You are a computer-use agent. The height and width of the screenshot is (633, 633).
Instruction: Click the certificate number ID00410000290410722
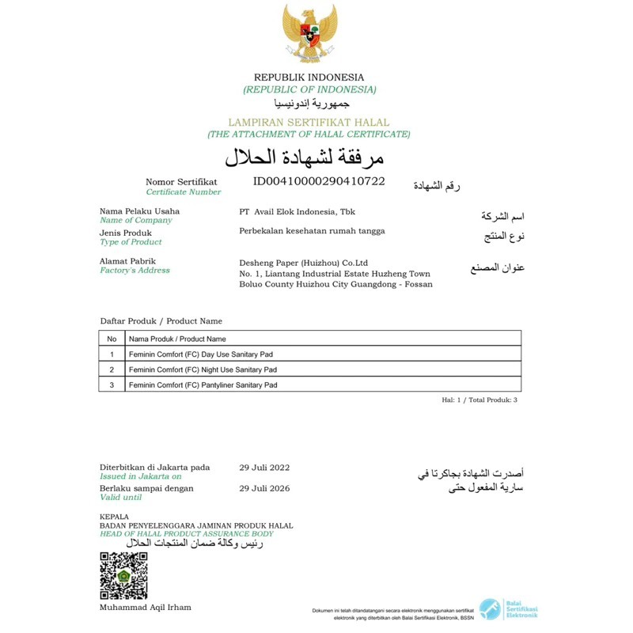(x=319, y=181)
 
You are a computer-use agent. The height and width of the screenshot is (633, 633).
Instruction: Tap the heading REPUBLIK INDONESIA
(x=309, y=78)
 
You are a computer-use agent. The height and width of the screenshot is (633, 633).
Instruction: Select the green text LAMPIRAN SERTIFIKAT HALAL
(x=309, y=123)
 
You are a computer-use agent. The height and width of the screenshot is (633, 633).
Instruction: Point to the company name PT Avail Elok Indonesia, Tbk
(x=298, y=212)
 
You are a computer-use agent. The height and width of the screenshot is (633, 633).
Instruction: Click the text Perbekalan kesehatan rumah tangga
(x=312, y=231)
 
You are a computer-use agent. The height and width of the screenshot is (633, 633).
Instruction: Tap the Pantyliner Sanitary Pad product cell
(x=203, y=385)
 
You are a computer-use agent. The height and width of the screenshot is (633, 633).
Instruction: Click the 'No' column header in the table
(x=112, y=339)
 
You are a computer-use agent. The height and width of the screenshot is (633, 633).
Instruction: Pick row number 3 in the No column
(x=112, y=385)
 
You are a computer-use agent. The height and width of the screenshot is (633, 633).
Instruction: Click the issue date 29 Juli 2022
(x=264, y=468)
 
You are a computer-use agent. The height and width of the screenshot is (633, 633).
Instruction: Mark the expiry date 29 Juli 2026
(x=264, y=489)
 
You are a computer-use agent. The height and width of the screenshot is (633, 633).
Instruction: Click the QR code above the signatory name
(x=123, y=576)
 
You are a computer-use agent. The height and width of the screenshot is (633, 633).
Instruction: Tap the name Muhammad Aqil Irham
(x=145, y=608)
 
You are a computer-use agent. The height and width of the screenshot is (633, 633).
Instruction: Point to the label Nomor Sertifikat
(x=181, y=182)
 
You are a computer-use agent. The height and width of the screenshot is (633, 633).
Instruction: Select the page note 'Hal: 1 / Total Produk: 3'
(x=479, y=400)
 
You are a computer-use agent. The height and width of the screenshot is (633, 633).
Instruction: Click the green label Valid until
(x=121, y=498)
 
